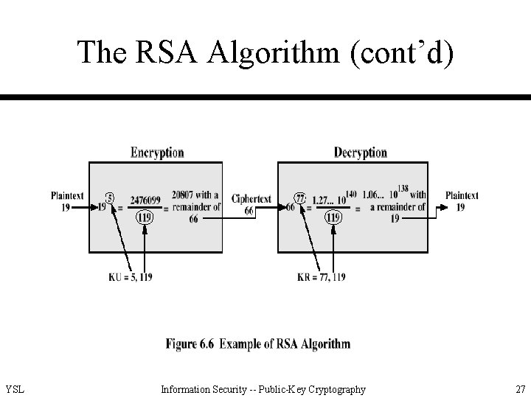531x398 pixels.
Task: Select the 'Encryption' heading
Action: (x=157, y=153)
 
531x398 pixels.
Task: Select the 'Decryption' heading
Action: (x=360, y=153)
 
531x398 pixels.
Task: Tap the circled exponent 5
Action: (x=109, y=198)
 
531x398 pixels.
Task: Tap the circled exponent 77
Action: (x=300, y=198)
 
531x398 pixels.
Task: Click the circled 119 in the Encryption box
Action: (x=145, y=218)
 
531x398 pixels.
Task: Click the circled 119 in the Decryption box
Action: (x=333, y=218)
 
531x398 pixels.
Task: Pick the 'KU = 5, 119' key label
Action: (x=130, y=277)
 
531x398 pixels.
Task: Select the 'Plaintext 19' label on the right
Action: (x=462, y=201)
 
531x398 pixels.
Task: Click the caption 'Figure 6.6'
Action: (x=190, y=344)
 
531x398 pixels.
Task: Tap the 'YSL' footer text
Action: (x=15, y=389)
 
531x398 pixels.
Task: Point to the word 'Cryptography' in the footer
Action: (x=334, y=389)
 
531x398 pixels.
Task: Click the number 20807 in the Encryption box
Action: (x=184, y=195)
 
